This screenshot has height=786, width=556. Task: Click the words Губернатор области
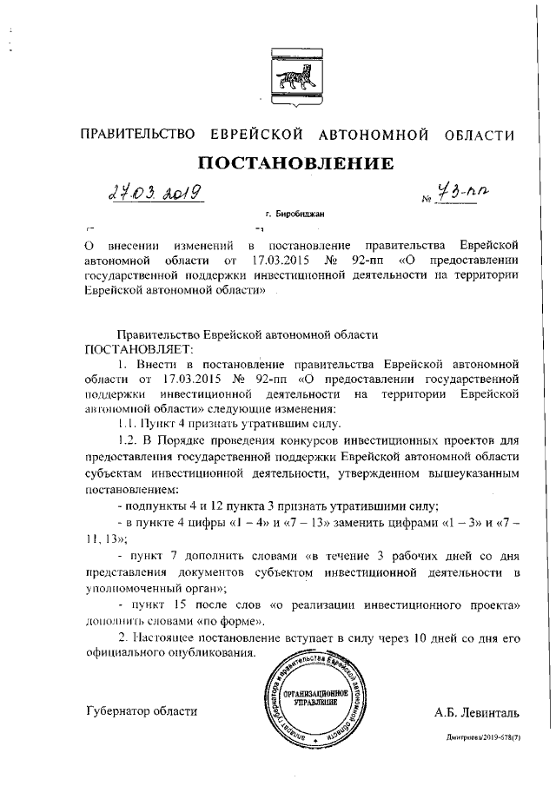pyautogui.click(x=142, y=710)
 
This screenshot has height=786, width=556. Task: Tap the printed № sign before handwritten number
pyautogui.click(x=426, y=198)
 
